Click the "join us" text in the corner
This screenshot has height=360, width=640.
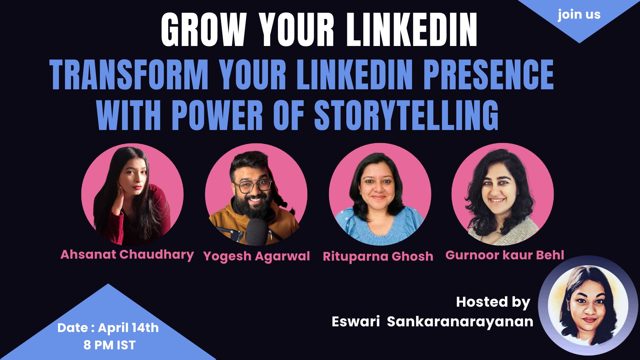coord(579,15)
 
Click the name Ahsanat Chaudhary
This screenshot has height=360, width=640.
coord(127,255)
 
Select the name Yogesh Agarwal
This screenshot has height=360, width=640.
coord(257,256)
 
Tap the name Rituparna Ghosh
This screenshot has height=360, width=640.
coord(378,256)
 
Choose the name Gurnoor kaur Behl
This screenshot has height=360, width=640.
coord(505,255)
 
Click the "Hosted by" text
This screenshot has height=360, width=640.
coord(493,302)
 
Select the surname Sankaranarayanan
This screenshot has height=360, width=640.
coord(460,322)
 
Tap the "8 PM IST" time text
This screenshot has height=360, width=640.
coord(110,345)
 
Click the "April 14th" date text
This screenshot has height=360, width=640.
coord(128,328)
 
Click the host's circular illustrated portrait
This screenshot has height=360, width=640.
coord(588,305)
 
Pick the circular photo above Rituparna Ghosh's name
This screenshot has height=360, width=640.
coord(380,195)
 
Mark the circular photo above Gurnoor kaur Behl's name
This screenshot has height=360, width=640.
coord(503,195)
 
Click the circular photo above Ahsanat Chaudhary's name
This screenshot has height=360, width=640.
coord(132,195)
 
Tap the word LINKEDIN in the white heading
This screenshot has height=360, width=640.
coord(412,30)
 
